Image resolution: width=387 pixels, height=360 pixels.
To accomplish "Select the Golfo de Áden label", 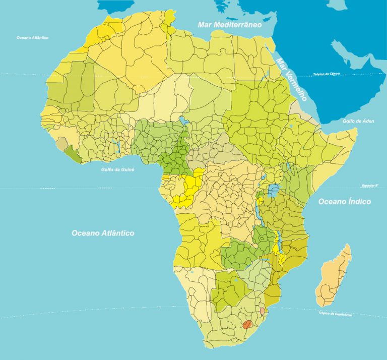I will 358,121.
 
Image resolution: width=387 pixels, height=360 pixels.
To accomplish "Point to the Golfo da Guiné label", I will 117,169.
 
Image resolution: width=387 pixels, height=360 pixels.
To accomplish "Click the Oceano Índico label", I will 344,202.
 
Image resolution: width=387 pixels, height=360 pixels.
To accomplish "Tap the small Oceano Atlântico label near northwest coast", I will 32,37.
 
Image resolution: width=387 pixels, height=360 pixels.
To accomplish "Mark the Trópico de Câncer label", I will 327,74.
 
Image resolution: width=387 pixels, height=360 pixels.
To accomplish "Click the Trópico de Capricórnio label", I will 335,314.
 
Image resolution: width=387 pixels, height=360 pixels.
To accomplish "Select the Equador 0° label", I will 369,186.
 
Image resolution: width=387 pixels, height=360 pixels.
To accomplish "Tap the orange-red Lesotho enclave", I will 247,324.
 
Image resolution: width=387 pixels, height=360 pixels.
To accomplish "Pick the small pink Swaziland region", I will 262,311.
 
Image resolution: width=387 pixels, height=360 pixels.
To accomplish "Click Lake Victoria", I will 274,191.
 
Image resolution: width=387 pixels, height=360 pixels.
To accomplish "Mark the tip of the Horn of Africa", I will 357,130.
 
